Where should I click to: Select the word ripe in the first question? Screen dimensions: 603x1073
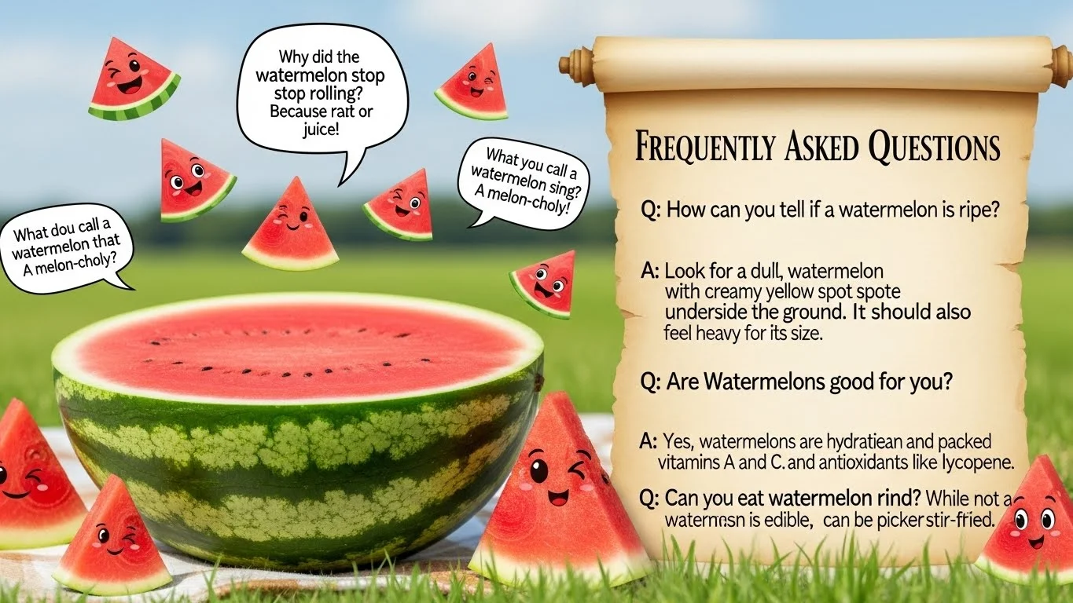click(987, 210)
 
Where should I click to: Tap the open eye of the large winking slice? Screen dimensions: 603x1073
click(538, 471)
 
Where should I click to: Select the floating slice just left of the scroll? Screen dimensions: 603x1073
click(544, 283)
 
